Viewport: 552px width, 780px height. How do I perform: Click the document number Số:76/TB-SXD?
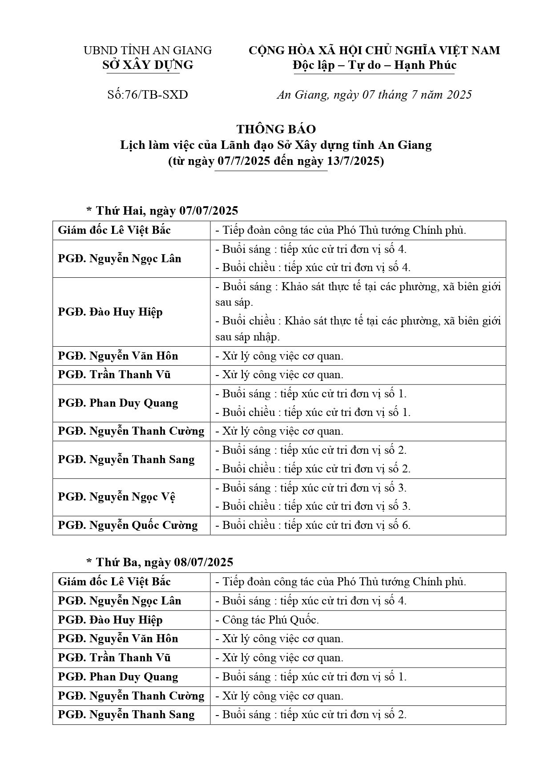click(148, 95)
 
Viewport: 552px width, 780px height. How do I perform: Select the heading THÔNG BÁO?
click(276, 129)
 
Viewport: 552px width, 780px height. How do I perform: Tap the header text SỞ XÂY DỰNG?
click(148, 65)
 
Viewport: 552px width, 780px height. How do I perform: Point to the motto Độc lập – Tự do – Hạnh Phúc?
click(375, 65)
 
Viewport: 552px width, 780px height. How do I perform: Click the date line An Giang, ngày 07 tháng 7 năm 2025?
click(374, 95)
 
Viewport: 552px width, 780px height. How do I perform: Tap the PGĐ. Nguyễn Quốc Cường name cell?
click(128, 525)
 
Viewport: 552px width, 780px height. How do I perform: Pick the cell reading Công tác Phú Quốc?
click(270, 620)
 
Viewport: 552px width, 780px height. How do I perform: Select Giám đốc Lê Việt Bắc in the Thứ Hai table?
click(114, 230)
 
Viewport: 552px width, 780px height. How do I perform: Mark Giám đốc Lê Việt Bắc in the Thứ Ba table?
click(114, 582)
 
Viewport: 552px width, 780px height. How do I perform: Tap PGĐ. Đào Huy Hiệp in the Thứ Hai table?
click(110, 312)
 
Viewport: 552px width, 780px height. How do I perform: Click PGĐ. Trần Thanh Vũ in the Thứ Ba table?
click(114, 658)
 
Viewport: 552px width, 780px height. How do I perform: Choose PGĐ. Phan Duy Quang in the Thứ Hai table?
click(118, 403)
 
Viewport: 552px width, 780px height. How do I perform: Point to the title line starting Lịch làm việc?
click(276, 145)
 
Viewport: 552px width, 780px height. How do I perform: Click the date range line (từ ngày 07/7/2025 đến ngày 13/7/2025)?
click(276, 161)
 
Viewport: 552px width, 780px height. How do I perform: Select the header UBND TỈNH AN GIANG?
click(148, 51)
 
